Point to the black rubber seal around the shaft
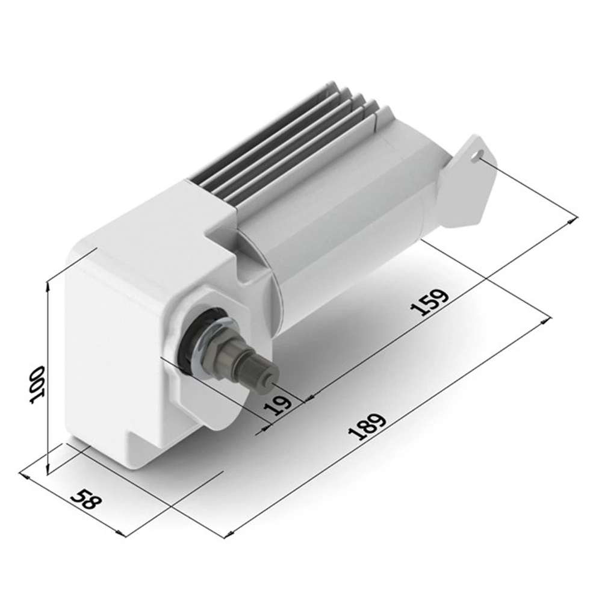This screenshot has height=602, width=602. click(191, 340)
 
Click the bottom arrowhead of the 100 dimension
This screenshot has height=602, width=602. click(48, 471)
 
